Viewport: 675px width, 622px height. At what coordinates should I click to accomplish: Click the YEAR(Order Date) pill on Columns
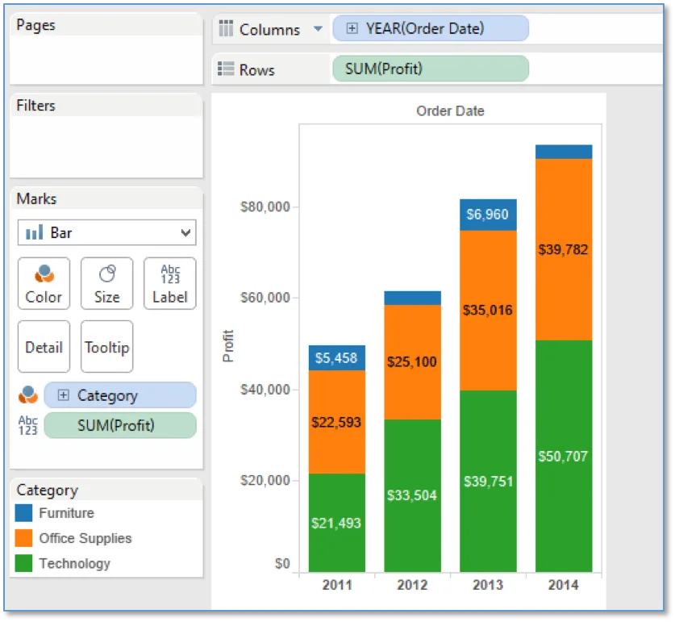pos(431,28)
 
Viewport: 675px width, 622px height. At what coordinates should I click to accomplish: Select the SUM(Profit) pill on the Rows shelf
pos(431,69)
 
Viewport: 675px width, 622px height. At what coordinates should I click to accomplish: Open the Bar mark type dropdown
pos(106,232)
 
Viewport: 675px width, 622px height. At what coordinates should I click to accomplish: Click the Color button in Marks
pos(44,283)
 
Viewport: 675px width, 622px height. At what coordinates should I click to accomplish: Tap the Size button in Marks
pos(106,283)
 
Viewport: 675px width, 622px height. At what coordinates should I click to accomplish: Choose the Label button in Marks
pos(170,283)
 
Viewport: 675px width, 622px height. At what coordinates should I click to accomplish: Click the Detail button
pos(44,346)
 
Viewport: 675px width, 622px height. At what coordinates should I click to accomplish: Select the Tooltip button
pos(106,346)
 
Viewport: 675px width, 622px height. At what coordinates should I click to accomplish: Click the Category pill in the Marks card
pos(120,395)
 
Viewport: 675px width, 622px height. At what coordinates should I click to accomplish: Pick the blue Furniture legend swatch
pos(23,512)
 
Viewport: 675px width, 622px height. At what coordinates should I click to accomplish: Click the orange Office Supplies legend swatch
pos(23,538)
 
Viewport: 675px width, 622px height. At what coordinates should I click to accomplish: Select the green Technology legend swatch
pos(23,563)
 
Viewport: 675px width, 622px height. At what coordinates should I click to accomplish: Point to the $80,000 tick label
pos(265,207)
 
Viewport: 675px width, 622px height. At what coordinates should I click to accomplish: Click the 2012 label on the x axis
pos(412,585)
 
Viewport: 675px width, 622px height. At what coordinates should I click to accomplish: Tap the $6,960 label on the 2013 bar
pos(488,214)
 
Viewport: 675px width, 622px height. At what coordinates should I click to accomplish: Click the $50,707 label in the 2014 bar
pos(563,456)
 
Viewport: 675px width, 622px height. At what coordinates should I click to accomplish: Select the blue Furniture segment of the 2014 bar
pos(564,152)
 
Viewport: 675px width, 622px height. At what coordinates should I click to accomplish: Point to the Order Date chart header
pos(450,111)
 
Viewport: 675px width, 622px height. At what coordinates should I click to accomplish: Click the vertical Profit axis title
pos(228,346)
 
